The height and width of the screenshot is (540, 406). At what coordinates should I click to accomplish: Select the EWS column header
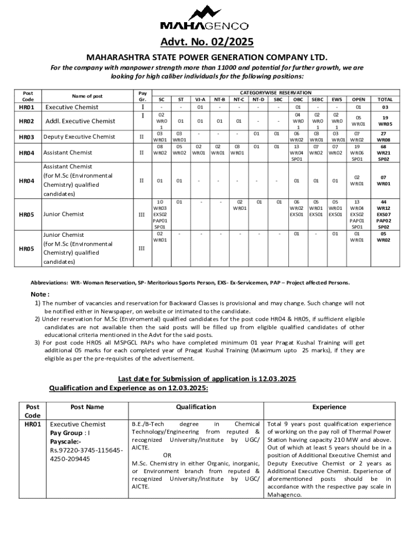(x=336, y=99)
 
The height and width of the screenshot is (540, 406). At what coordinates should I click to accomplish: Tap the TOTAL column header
(x=385, y=99)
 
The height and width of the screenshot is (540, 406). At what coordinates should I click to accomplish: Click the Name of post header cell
(x=88, y=96)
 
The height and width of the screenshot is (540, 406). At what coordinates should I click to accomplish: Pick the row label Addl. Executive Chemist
(x=80, y=121)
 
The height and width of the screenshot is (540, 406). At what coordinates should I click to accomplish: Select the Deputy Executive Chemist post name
(x=79, y=137)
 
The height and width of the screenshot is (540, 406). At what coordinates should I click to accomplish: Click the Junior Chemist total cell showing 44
(x=385, y=202)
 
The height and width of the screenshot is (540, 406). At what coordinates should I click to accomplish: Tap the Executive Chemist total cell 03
(x=385, y=108)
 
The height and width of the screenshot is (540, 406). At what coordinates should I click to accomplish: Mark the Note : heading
(x=40, y=294)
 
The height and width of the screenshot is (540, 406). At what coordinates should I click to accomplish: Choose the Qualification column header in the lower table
(x=196, y=407)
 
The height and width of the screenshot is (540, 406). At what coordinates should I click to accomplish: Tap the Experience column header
(x=329, y=407)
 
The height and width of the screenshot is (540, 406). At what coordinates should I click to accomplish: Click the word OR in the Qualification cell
(x=167, y=455)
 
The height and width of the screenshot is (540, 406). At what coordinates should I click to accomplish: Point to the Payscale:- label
(x=65, y=441)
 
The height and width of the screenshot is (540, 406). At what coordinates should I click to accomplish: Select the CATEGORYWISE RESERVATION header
(x=276, y=92)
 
